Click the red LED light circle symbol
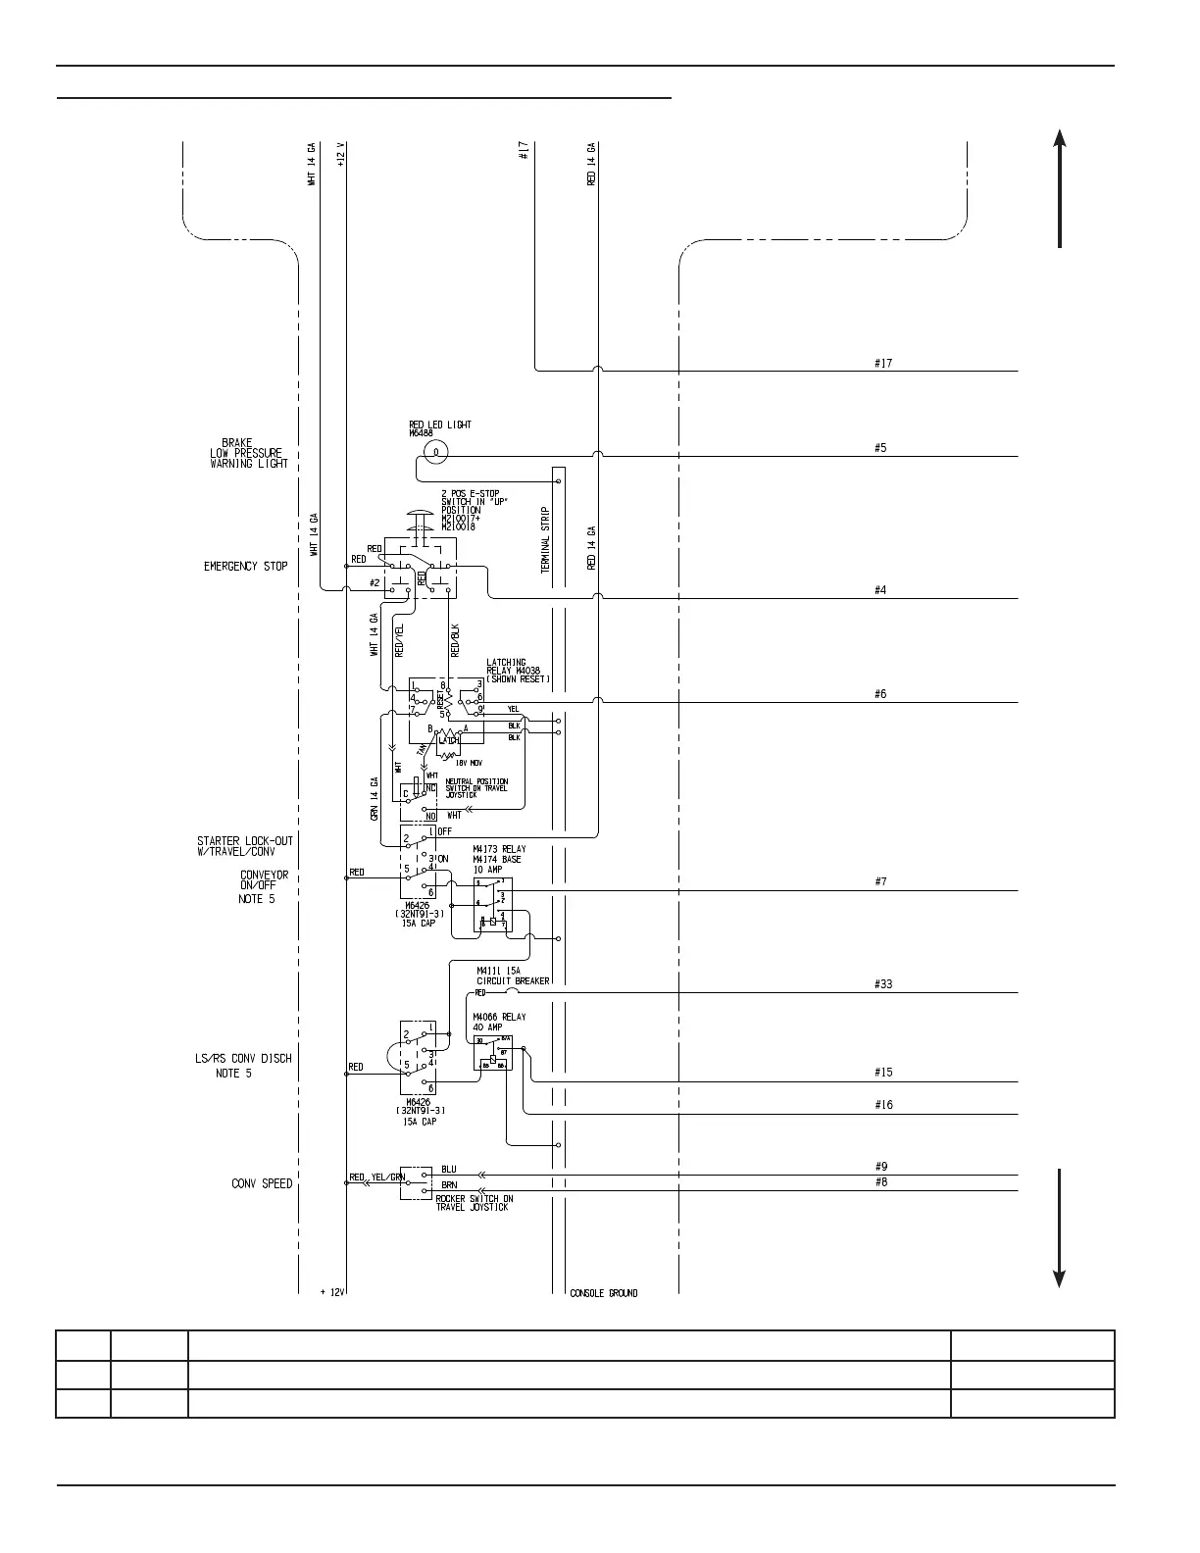pos(435,451)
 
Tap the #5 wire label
pos(880,448)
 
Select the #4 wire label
pos(880,590)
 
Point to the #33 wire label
pos(883,984)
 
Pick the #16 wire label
pos(883,1105)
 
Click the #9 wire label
pos(880,1167)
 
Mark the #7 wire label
pos(880,882)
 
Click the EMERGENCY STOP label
pos(245,567)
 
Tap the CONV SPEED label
pos(262,1183)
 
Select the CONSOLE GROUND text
pos(604,1293)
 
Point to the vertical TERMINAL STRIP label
pos(546,539)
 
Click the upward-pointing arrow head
pos(1060,138)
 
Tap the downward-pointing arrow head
pos(1060,1278)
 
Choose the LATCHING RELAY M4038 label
pos(518,671)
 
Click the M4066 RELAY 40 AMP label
pos(499,1022)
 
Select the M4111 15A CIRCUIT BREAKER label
pos(513,976)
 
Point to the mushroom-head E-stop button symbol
pos(420,517)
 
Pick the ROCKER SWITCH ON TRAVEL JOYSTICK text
pos(475,1203)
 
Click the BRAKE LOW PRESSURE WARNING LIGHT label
pos(249,453)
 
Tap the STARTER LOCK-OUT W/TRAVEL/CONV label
pos(245,846)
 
